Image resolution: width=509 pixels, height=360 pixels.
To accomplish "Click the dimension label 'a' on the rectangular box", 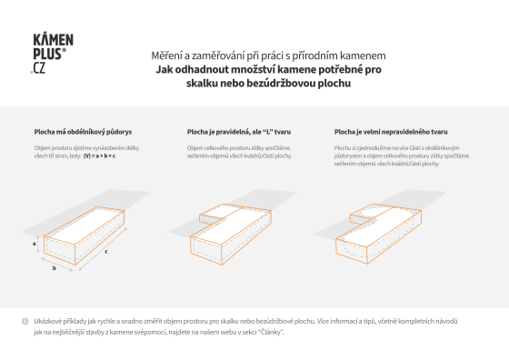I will [x=34, y=245].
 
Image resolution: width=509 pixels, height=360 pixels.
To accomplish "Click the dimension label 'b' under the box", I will [x=55, y=269].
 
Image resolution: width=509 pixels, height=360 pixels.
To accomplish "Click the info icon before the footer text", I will [x=25, y=322].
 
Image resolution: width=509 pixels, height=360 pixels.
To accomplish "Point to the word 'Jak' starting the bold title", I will [x=164, y=68].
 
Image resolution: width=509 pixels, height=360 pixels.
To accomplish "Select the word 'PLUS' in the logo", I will [x=47, y=56].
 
